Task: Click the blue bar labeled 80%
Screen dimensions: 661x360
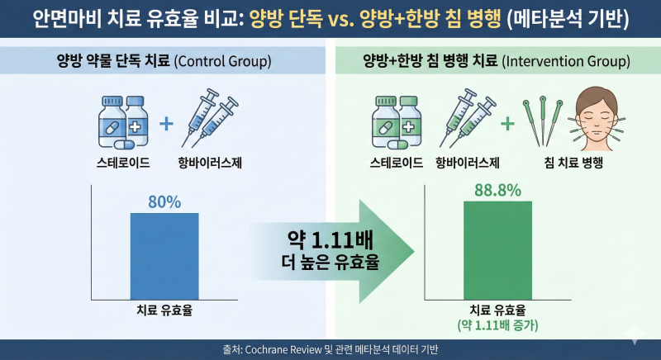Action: point(164,257)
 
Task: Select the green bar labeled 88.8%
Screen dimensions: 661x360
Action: point(498,250)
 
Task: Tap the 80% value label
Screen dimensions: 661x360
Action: point(164,202)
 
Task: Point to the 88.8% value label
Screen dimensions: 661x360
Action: point(498,190)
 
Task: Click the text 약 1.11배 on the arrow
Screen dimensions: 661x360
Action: point(330,241)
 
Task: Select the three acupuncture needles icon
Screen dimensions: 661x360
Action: point(543,121)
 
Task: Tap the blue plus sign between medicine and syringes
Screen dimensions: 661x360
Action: point(166,124)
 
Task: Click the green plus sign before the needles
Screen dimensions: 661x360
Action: point(507,123)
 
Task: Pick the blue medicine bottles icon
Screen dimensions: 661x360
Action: point(123,122)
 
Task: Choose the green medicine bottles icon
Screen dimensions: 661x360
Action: point(397,122)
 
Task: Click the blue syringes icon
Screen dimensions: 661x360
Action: point(210,118)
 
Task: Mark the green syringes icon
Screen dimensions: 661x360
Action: point(468,118)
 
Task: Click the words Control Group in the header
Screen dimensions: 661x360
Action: point(222,61)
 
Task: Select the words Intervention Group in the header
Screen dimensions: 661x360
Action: point(566,61)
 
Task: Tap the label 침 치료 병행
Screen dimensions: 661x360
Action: point(573,163)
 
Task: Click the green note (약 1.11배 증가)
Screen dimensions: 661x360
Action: point(498,325)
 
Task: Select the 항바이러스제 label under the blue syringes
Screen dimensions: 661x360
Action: point(210,163)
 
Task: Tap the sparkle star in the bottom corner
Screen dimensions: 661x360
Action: point(635,334)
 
